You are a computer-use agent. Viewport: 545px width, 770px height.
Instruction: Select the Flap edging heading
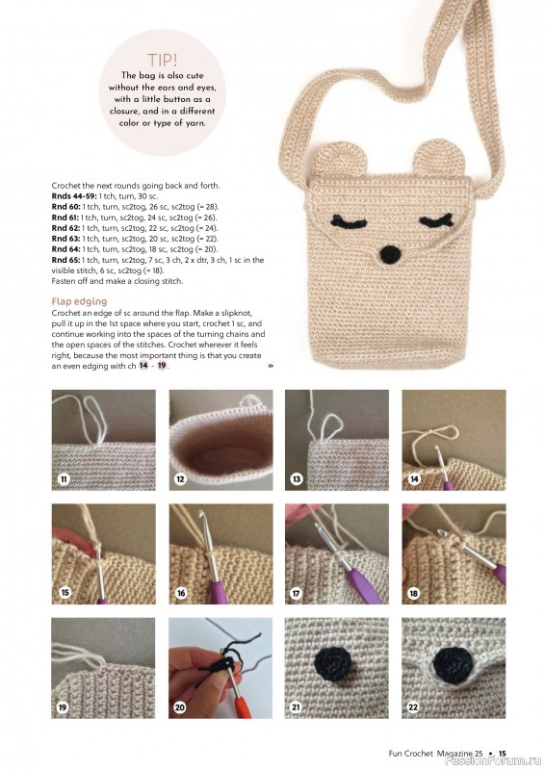(84, 301)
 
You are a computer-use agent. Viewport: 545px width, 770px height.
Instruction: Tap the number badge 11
(65, 478)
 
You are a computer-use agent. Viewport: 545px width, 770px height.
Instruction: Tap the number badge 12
(180, 478)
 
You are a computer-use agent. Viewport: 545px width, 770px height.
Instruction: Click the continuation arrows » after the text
(271, 366)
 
